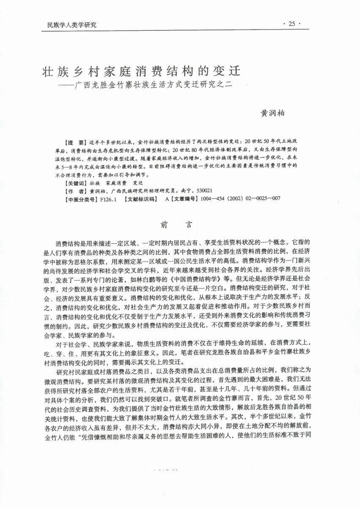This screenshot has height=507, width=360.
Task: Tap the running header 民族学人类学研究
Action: [69, 25]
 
